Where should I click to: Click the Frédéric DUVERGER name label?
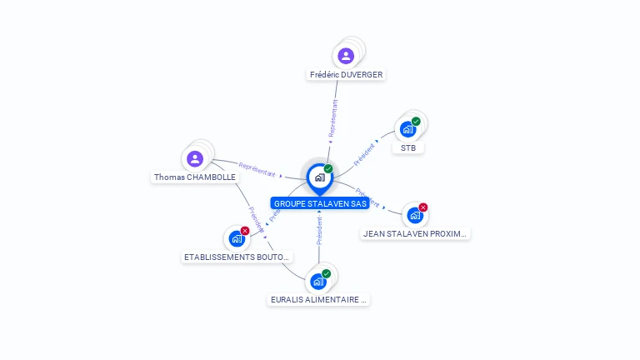[x=346, y=74]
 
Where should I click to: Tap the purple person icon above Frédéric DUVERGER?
[x=346, y=56]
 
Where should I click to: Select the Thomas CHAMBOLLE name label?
[x=195, y=177]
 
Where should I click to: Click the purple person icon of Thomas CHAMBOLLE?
[x=195, y=158]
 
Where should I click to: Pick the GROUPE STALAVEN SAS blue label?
[x=320, y=203]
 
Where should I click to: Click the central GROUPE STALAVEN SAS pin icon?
[x=319, y=177]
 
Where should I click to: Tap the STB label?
[x=407, y=147]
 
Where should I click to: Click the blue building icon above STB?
[x=407, y=129]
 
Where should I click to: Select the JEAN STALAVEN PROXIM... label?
[x=415, y=234]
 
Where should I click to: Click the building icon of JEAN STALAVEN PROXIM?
[x=414, y=216]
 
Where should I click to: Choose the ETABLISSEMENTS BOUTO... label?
[x=237, y=257]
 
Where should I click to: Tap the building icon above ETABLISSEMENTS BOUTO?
[x=237, y=239]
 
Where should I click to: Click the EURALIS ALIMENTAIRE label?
[x=318, y=299]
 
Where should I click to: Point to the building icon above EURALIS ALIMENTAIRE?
[x=317, y=282]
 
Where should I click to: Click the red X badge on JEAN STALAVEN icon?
[x=423, y=207]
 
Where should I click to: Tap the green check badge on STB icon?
[x=416, y=122]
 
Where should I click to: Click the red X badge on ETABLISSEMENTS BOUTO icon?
[x=245, y=231]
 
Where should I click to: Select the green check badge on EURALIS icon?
[x=327, y=273]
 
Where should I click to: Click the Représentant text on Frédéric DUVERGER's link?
[x=333, y=117]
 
